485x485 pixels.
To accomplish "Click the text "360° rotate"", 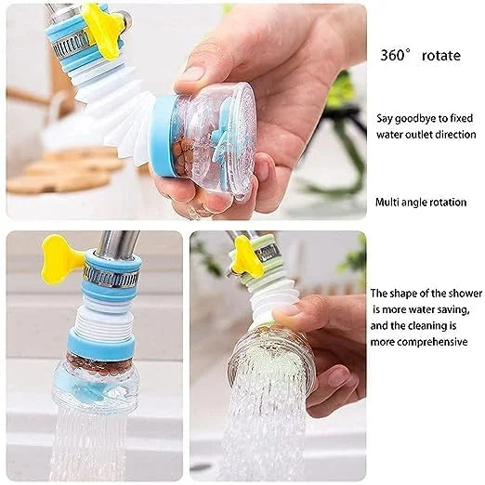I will click(x=420, y=55).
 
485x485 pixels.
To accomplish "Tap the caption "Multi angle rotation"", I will click(x=421, y=202).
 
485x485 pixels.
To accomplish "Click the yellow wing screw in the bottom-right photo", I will click(x=244, y=256).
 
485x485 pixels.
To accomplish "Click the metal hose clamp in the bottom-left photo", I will click(x=111, y=275).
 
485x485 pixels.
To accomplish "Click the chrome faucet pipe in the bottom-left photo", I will click(x=115, y=245).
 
